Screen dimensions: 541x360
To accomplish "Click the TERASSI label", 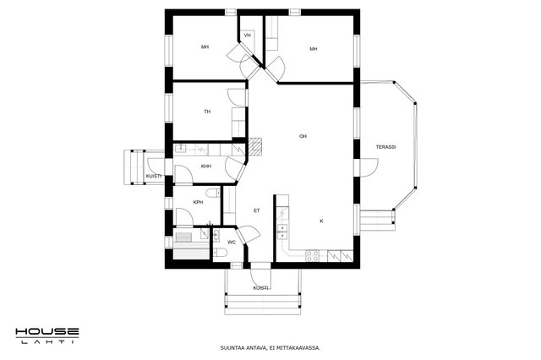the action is click(385, 147).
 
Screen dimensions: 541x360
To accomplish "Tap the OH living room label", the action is click(303, 136).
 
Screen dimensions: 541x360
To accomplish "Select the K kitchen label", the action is click(321, 221).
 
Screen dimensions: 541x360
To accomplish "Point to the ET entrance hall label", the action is click(257, 210).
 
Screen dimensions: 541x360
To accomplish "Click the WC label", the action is click(232, 243).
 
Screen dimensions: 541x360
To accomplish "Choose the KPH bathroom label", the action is click(198, 203).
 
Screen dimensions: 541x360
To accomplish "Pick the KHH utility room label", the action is click(206, 166).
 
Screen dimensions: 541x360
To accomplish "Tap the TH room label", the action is click(207, 112).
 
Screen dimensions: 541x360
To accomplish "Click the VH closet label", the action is click(247, 35).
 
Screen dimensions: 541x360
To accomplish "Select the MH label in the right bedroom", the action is click(314, 49).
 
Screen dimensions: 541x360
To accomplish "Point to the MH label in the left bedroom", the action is click(205, 46).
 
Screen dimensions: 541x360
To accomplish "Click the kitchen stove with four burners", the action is click(313, 255).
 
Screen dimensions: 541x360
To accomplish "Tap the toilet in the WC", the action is click(220, 254).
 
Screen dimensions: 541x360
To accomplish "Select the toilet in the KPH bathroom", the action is click(213, 193).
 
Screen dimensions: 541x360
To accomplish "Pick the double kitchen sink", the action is click(282, 231).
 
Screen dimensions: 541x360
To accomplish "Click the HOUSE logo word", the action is click(47, 332).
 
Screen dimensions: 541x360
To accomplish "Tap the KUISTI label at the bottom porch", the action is click(261, 288).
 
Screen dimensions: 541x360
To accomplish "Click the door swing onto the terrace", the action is click(369, 167).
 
